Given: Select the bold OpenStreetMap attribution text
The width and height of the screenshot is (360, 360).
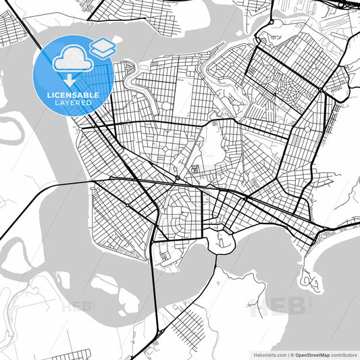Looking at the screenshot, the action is (315, 354).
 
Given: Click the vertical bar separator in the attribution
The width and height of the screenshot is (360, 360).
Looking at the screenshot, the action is (288, 354).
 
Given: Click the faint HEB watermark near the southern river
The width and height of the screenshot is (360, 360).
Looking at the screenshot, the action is (78, 306).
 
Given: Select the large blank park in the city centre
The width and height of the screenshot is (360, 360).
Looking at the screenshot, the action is (211, 145).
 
